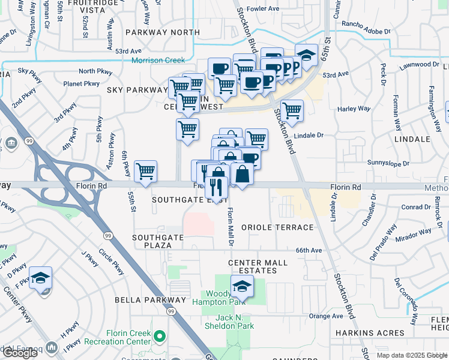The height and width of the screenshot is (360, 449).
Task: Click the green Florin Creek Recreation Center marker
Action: pos(159,335)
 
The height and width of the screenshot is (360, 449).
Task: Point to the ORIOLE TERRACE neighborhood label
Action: pos(277,227)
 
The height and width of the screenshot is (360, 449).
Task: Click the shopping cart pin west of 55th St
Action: pos(146,172)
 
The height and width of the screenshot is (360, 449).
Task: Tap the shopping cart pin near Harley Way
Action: pos(292,111)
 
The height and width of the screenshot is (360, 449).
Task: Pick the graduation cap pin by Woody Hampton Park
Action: pos(242,287)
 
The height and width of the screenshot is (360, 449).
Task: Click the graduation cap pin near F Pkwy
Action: pos(41,278)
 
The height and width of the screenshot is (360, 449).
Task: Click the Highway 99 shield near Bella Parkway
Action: pos(171,311)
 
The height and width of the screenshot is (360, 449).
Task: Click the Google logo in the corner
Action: pos(20,353)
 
